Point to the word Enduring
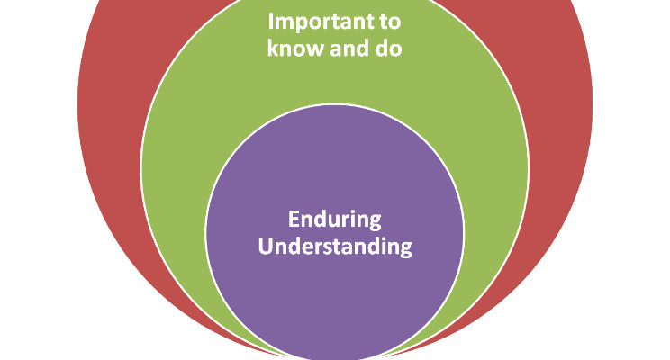tap(335, 219)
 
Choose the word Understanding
tap(335, 246)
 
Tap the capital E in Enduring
tap(293, 219)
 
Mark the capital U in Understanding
tap(265, 246)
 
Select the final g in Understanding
tap(405, 249)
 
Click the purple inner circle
tap(335, 297)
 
